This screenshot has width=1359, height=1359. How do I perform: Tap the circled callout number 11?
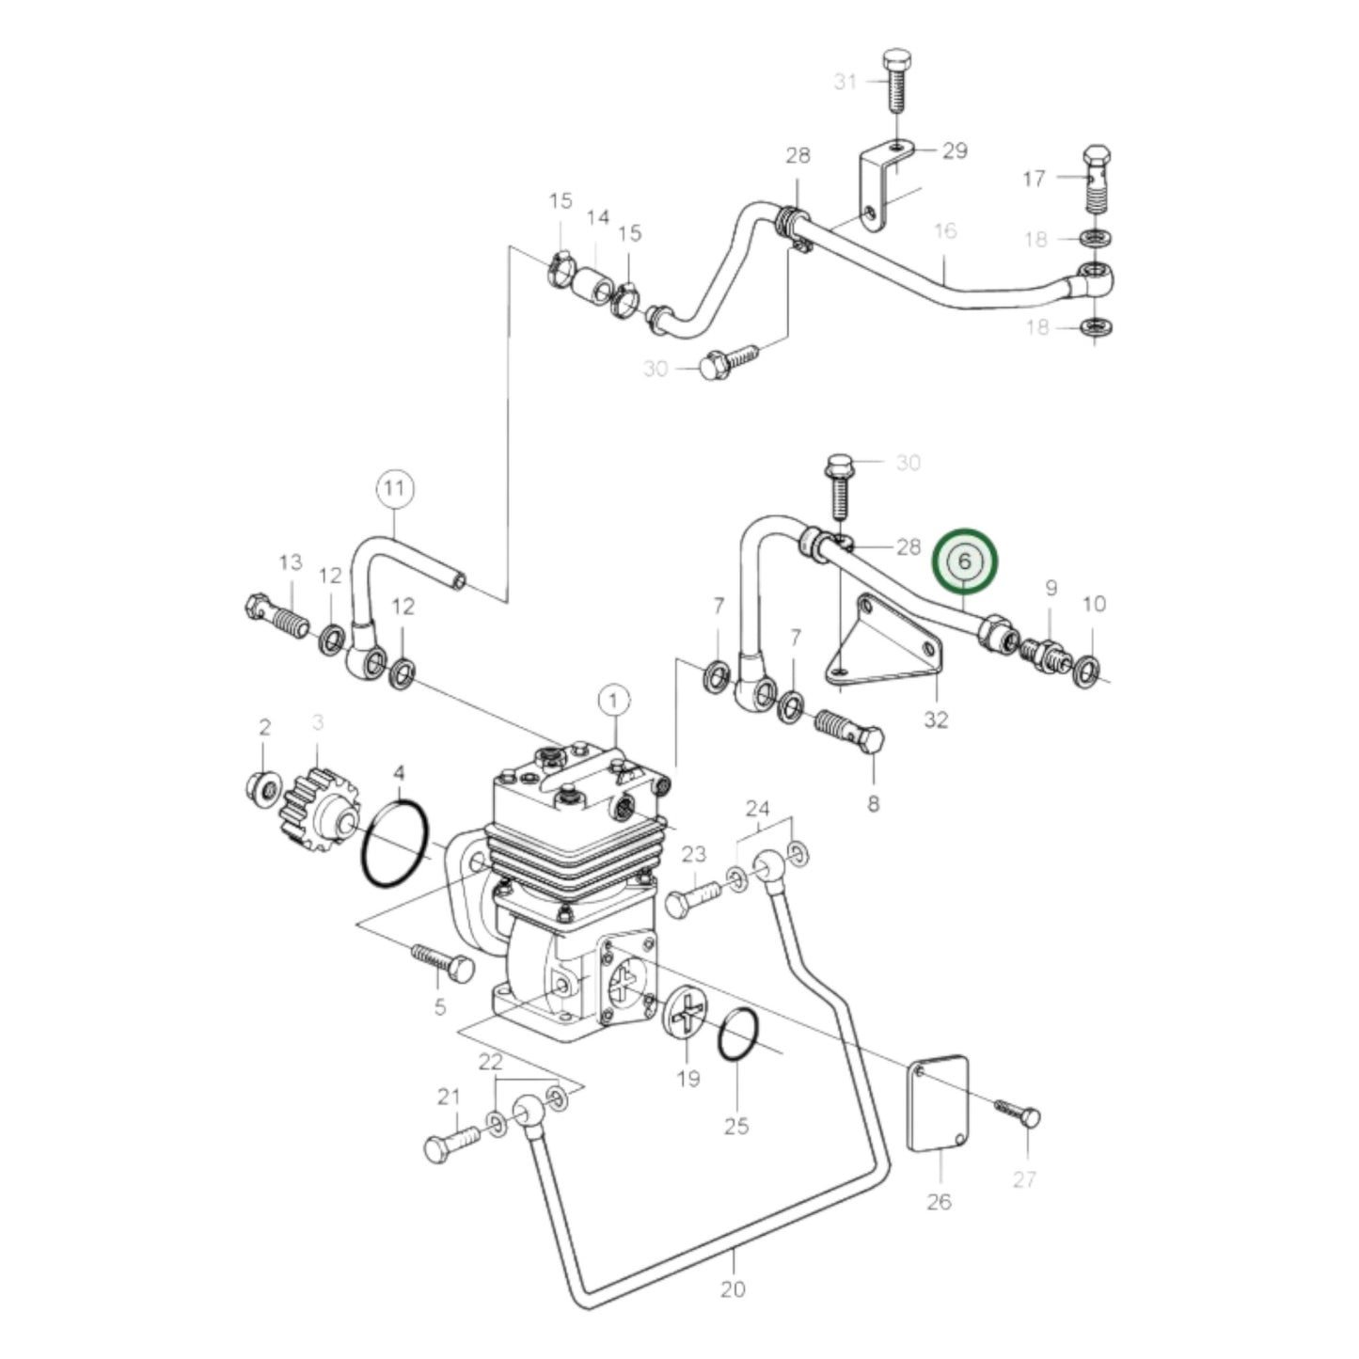(395, 488)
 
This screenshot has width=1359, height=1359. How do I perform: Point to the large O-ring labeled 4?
(395, 842)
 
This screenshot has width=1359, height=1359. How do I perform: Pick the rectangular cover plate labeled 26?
(938, 1102)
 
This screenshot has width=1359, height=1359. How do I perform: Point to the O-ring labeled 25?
(738, 1035)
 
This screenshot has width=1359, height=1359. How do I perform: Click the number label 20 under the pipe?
(733, 1288)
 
